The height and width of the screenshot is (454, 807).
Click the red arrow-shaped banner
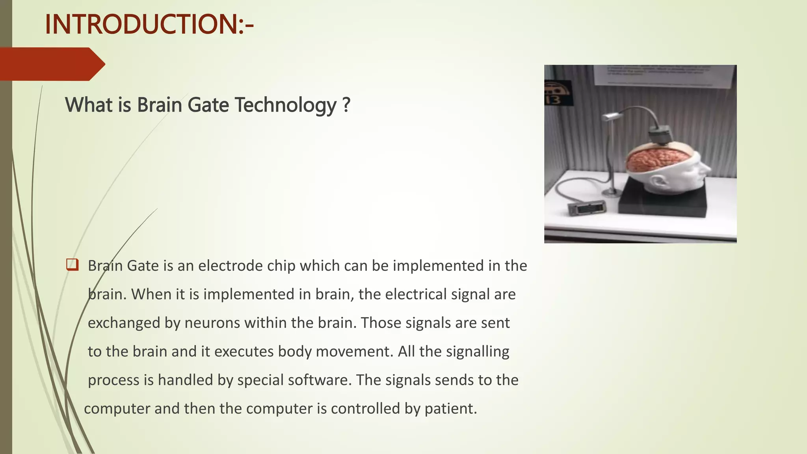tap(51, 64)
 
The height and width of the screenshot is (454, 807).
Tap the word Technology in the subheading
tap(285, 105)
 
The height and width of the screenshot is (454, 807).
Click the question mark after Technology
tap(346, 105)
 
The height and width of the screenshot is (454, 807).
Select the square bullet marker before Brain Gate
tap(73, 264)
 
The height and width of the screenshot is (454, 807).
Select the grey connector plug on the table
tap(586, 208)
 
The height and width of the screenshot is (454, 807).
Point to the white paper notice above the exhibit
tap(664, 76)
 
